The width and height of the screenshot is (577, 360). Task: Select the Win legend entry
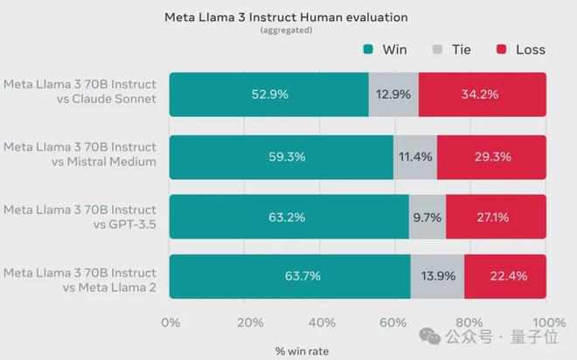386,49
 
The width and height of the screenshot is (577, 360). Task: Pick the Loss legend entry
520,49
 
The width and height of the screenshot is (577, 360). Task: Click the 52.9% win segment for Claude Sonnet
269,94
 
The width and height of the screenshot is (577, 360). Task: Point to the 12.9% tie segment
393,94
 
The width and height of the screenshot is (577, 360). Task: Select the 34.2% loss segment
483,94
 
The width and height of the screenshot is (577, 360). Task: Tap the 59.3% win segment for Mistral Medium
282,157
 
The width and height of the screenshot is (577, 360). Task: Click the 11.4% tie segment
415,157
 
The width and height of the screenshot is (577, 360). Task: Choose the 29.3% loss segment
491,157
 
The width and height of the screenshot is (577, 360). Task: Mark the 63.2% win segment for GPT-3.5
288,217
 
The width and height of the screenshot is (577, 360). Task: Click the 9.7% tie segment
428,217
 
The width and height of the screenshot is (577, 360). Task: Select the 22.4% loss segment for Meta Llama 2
504,276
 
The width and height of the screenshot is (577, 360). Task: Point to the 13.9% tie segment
437,276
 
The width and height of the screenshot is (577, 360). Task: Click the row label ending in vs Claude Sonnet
80,91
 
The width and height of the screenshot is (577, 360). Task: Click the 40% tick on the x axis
321,322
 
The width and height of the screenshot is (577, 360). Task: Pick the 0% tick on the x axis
170,322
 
